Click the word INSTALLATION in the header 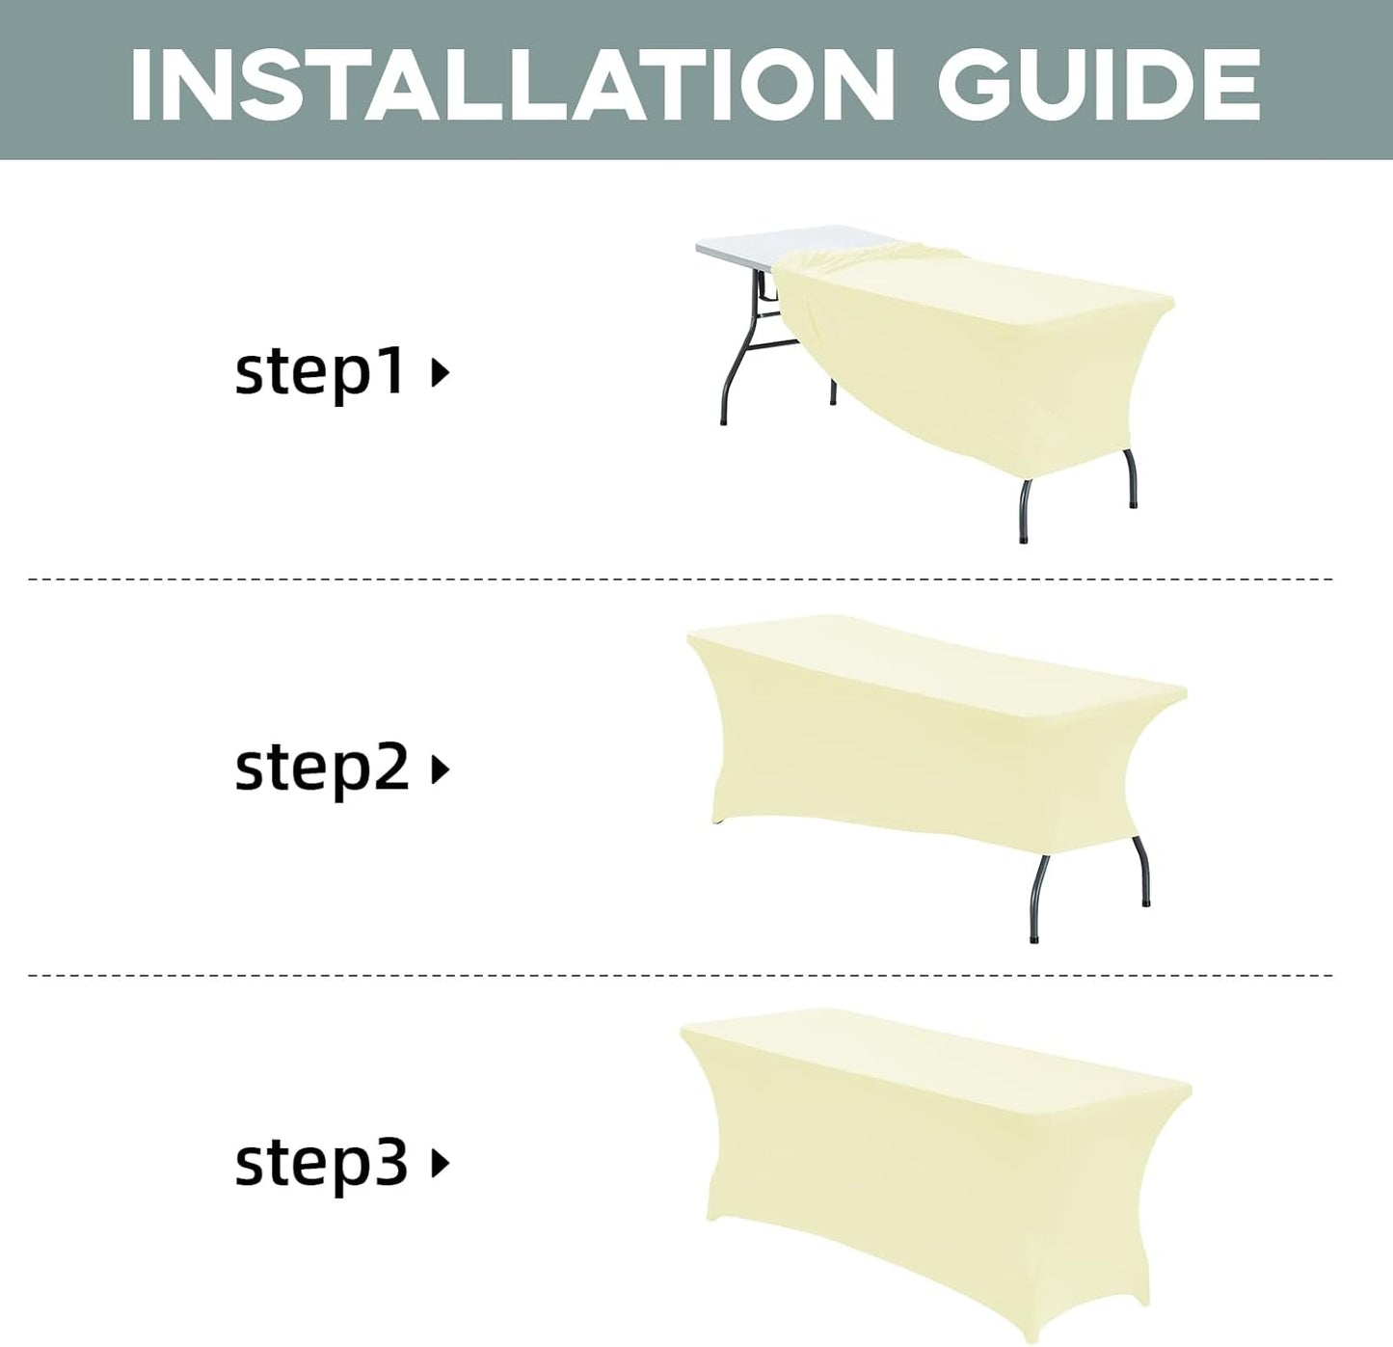click(x=512, y=85)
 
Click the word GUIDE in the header click(x=1099, y=85)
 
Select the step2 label click(x=321, y=769)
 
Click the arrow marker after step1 click(x=441, y=373)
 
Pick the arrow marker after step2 click(x=441, y=769)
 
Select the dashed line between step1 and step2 click(x=680, y=579)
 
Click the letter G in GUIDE click(x=974, y=85)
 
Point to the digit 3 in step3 click(x=392, y=1162)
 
